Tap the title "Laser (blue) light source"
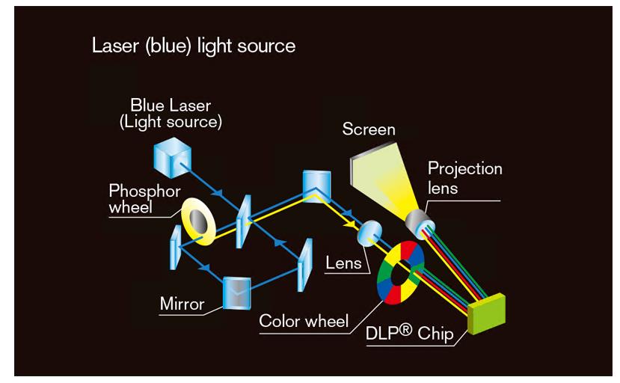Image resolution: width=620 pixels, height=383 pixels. click(193, 46)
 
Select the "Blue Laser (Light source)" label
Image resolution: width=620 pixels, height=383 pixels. click(171, 114)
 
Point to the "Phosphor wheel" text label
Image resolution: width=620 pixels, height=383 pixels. click(144, 199)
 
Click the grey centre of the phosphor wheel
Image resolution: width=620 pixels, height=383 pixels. click(199, 220)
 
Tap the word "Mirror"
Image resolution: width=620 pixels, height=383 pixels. click(182, 304)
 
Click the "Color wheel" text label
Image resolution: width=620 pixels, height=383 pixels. click(304, 322)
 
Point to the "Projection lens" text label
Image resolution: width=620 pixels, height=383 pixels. click(464, 177)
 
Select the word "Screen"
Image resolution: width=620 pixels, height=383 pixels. click(369, 129)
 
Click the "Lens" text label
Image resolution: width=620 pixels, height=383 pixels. click(343, 263)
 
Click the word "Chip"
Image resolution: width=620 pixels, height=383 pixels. click(435, 334)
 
